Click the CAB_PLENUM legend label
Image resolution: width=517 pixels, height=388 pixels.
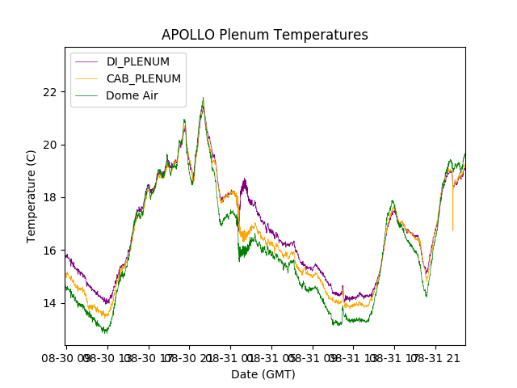(144, 78)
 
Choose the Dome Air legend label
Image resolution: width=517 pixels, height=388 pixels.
(132, 95)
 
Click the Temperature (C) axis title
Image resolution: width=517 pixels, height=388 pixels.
(32, 196)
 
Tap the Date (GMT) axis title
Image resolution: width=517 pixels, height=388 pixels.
(263, 374)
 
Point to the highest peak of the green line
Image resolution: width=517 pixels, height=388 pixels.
(203, 99)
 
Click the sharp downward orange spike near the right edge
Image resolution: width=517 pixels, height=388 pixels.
(452, 229)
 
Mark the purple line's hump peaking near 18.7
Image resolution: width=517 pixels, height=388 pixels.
(244, 180)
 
